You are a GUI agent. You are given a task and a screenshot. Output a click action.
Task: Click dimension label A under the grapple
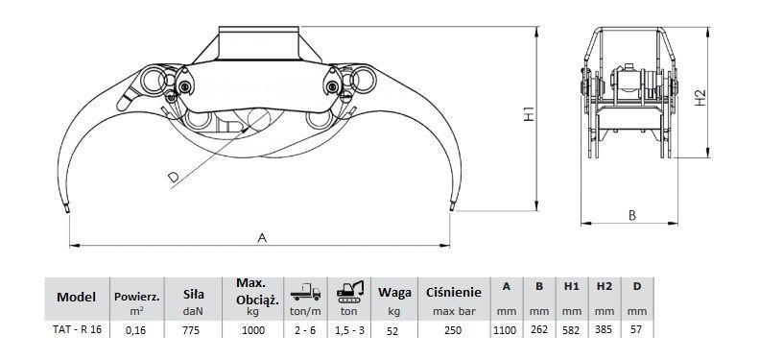point(262,238)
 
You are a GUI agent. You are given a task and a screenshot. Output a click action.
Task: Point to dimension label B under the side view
point(631,216)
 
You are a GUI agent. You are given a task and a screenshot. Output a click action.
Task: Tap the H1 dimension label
point(529,114)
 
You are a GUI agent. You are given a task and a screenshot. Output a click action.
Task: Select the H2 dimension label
point(700,98)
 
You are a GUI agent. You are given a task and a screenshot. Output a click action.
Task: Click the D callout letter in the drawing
point(174,178)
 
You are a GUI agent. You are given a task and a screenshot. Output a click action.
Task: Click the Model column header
point(77,297)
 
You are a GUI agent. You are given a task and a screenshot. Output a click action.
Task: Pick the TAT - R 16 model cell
point(77,329)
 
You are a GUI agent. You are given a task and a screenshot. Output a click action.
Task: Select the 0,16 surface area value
point(136,330)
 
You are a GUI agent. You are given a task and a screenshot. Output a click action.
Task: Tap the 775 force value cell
point(193,330)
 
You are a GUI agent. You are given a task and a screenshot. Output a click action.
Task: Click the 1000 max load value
point(252,330)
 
